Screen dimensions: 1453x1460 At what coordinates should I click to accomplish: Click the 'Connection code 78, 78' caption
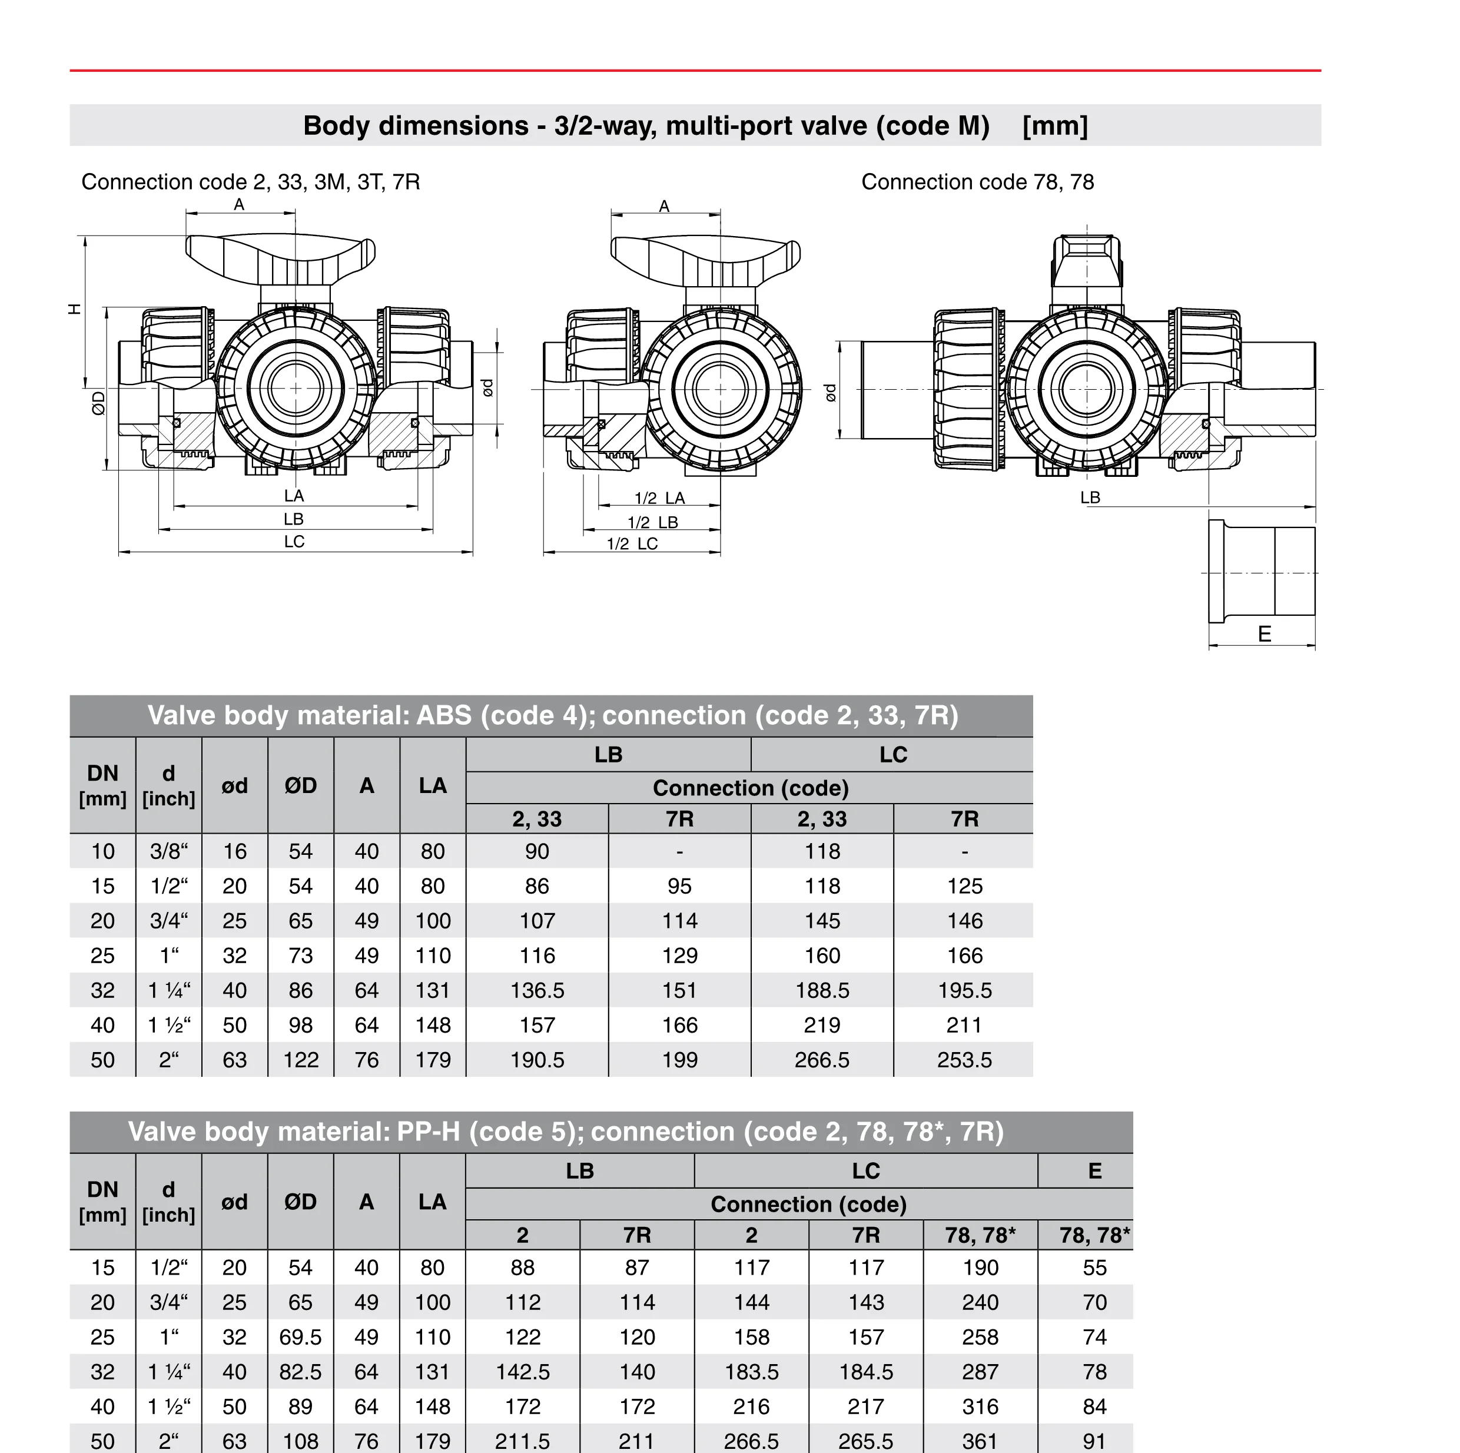(977, 182)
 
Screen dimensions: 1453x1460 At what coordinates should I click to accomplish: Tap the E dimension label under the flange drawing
(1263, 634)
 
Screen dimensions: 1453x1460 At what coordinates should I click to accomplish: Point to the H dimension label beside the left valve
(75, 308)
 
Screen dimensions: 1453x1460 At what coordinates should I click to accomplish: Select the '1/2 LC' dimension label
(632, 543)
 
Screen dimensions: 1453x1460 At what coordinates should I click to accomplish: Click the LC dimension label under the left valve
(294, 542)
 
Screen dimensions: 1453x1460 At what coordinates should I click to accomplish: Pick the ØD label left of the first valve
(98, 403)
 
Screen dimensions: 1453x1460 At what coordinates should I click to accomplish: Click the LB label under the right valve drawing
(1090, 497)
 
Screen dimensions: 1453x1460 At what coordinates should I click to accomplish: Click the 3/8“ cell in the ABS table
(168, 851)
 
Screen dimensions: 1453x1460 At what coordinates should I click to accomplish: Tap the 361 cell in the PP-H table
(980, 1441)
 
